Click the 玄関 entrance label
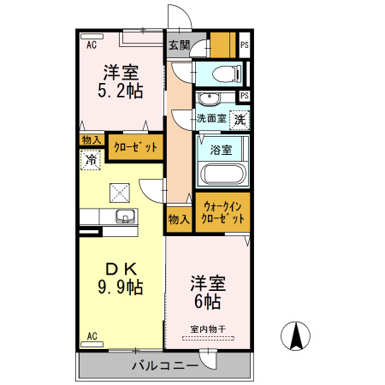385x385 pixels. click(x=178, y=45)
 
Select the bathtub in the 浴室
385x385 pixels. click(x=222, y=175)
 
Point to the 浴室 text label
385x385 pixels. click(x=221, y=150)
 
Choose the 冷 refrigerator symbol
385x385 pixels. click(x=90, y=158)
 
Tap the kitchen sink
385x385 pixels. click(x=122, y=216)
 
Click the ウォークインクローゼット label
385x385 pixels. click(x=222, y=212)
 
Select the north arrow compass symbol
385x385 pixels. click(x=296, y=335)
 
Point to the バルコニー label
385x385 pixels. click(x=165, y=365)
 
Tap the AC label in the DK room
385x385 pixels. click(x=91, y=336)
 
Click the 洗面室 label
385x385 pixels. click(x=210, y=119)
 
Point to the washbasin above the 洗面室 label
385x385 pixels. click(x=210, y=97)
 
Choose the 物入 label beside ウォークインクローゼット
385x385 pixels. click(x=179, y=219)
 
